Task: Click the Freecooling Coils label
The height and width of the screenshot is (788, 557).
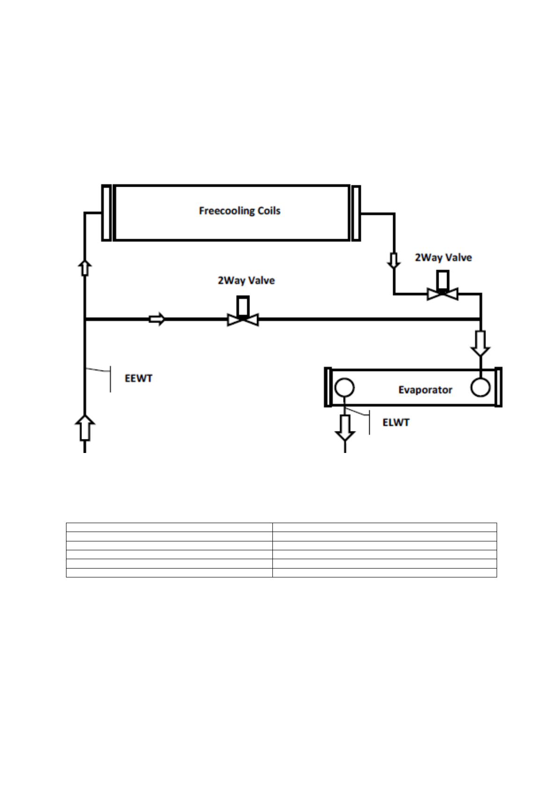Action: pos(239,211)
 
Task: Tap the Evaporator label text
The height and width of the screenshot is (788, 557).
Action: pos(425,390)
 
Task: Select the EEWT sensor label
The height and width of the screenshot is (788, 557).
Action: pos(139,378)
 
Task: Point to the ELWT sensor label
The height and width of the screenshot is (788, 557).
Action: pos(396,423)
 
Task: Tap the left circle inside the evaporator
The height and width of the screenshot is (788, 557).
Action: pos(344,387)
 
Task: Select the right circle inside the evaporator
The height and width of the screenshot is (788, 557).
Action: pos(480,387)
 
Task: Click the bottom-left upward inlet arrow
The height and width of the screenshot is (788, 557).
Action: pos(85,427)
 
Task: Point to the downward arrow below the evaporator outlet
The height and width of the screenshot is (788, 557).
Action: pos(345,427)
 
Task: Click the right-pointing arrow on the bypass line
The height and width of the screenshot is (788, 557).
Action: pos(157,319)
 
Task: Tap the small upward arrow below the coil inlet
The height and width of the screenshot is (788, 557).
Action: pos(85,268)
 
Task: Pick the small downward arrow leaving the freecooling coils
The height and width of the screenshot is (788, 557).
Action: pos(394,261)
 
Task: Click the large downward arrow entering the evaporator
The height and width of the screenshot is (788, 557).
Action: pos(481,343)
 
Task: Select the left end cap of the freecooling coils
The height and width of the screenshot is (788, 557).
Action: pos(107,213)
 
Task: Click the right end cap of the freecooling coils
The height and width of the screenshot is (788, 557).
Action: pos(356,213)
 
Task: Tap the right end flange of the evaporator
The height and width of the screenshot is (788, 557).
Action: pos(498,387)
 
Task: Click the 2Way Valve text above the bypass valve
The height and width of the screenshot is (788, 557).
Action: pos(246,281)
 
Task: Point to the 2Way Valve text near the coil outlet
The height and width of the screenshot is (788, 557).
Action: pos(443,257)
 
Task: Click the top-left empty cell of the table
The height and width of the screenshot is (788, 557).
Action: pos(169,527)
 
